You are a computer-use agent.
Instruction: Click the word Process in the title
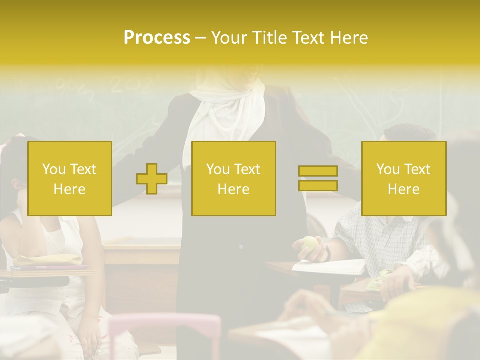coord(157,38)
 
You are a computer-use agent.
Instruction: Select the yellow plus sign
coord(152,179)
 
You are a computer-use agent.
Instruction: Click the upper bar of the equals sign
coord(318,171)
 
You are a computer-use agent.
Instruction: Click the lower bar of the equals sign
coord(318,185)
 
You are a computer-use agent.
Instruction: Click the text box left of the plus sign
coord(70,179)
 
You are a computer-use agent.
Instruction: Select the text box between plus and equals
coord(234,179)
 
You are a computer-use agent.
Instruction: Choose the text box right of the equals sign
coord(404,179)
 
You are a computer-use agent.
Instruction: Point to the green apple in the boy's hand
coord(309,243)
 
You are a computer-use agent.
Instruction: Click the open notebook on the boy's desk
coord(330,266)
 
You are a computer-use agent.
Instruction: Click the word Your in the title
coord(228,38)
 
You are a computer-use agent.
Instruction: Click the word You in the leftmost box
coord(54,169)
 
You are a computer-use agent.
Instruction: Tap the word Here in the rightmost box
coord(404,189)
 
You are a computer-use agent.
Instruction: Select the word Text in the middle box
coord(248,169)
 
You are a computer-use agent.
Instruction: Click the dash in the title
coord(200,38)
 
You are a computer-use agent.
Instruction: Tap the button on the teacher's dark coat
coord(240,247)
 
